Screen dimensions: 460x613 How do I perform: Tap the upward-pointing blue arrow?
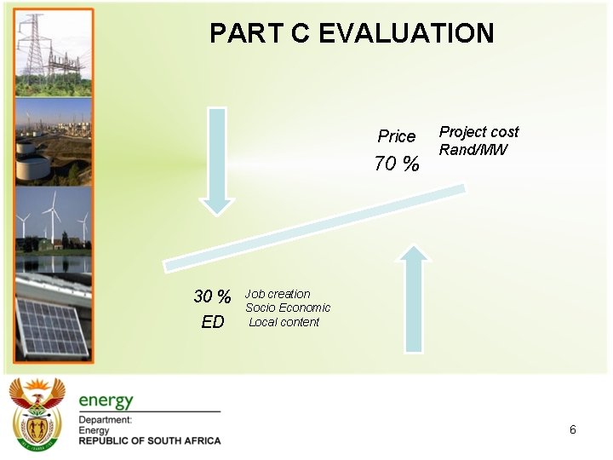(414, 298)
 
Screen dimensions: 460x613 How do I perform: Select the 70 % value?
(397, 164)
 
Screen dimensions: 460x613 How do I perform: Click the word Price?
(397, 136)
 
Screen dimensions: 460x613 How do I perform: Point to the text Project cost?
(478, 132)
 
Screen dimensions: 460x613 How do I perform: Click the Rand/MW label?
(473, 150)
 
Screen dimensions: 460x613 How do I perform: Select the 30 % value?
(212, 296)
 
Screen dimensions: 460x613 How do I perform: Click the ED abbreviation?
(213, 322)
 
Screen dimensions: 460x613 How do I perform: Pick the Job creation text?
(278, 294)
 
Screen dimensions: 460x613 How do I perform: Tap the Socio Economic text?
(288, 308)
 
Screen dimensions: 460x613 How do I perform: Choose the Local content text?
(284, 322)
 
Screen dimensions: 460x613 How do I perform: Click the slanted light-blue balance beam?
(315, 230)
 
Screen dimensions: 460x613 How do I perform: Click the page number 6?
(573, 429)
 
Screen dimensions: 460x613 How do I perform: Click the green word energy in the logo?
(106, 400)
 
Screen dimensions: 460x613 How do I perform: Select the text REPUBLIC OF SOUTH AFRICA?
(150, 440)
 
